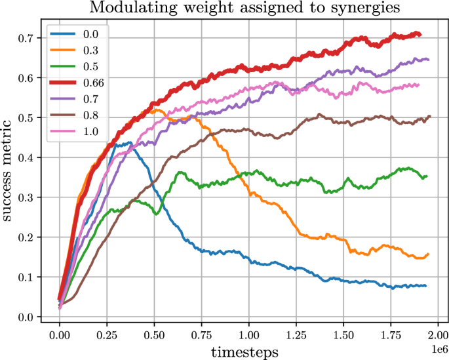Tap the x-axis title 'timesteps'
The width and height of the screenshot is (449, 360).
point(244,351)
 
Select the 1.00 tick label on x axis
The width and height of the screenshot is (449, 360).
point(248,334)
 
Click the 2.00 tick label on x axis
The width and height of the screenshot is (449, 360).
point(438,334)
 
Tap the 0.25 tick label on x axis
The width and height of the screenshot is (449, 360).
point(107,334)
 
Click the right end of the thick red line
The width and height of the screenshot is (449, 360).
point(420,35)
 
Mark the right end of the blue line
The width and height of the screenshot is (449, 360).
point(426,286)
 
